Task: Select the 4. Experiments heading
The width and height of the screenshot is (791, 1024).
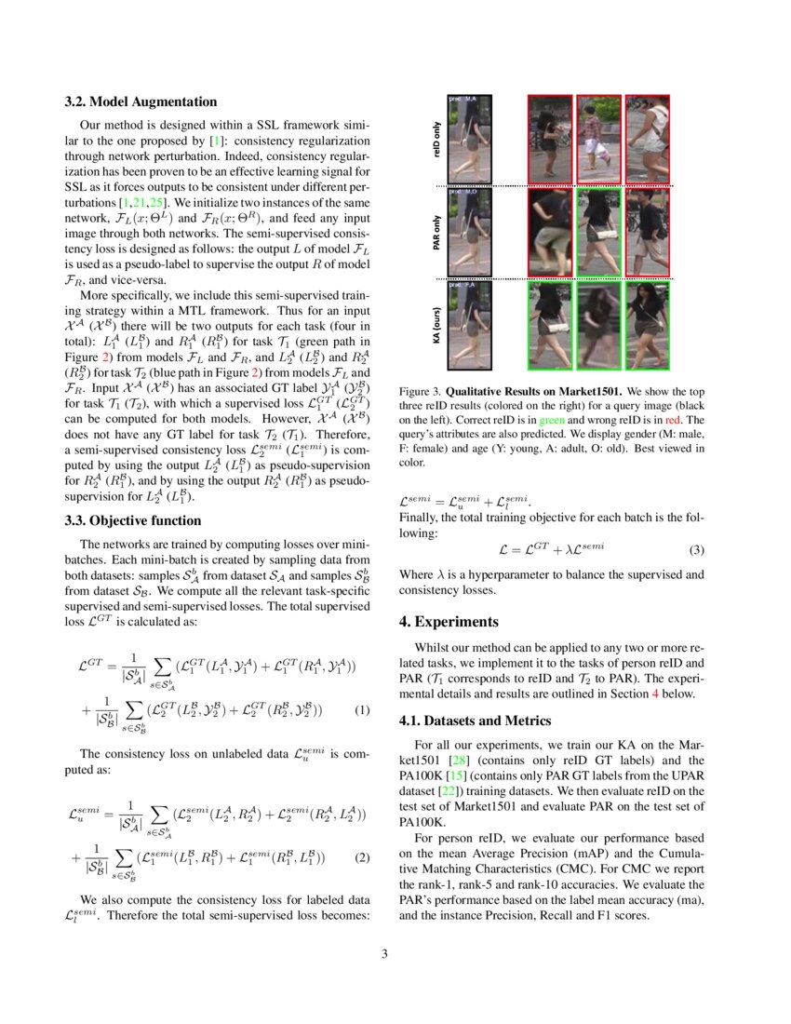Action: [451, 621]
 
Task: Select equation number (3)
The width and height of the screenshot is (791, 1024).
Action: [697, 549]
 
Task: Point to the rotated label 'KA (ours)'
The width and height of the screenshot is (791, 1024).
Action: [436, 327]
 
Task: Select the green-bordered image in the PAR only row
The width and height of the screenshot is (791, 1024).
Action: [597, 234]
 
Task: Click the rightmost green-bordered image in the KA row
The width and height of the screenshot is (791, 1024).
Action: [648, 327]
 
